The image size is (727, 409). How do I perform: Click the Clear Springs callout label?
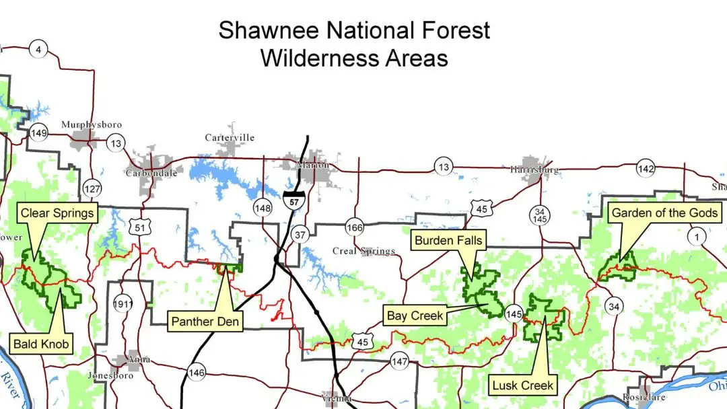[57, 214]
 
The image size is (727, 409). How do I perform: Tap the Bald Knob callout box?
[41, 346]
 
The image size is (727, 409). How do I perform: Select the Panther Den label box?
[205, 322]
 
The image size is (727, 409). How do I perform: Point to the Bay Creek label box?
[415, 315]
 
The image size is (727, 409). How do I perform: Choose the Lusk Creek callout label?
[522, 385]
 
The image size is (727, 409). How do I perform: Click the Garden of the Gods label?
[665, 214]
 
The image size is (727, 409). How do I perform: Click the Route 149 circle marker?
[38, 133]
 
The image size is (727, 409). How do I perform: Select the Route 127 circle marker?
[92, 188]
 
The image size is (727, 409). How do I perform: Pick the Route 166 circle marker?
[355, 227]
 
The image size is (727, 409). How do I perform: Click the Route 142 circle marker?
[645, 169]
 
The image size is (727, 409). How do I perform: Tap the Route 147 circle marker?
[399, 362]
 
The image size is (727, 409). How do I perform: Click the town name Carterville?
[230, 138]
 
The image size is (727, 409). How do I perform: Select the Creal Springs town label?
[364, 251]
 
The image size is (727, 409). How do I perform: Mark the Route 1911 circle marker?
[123, 303]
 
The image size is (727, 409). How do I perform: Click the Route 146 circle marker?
[197, 372]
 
